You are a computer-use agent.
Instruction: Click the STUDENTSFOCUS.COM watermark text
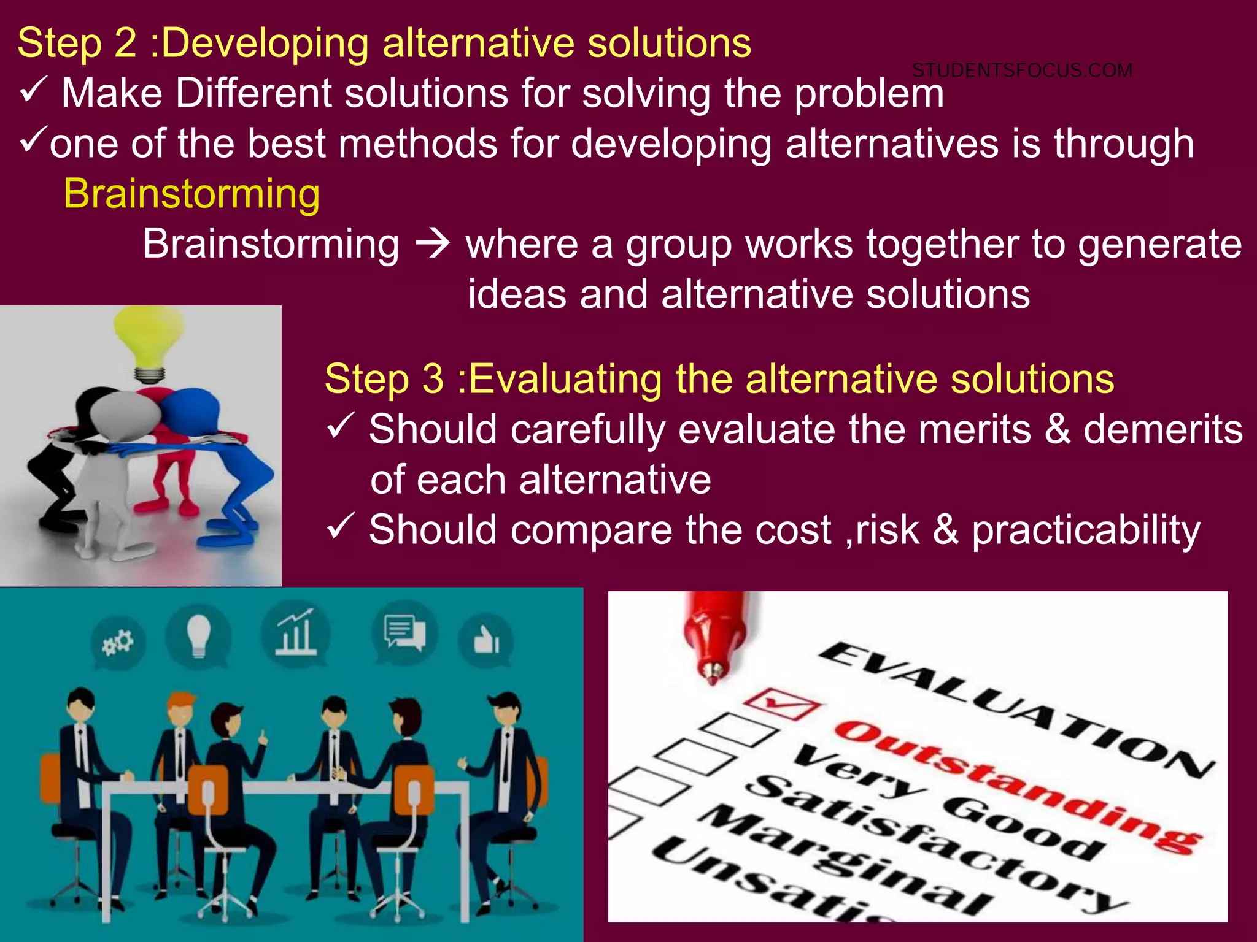[1022, 71]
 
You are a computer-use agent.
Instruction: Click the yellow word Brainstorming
[191, 194]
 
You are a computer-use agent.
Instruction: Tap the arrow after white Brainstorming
[433, 245]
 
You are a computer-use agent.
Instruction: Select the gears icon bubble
[118, 643]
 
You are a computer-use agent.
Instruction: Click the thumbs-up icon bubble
[486, 641]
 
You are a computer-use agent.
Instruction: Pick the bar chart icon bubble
[295, 633]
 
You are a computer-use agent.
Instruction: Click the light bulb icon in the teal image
[198, 634]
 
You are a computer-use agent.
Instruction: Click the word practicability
[1086, 530]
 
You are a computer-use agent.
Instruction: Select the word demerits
[1162, 429]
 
